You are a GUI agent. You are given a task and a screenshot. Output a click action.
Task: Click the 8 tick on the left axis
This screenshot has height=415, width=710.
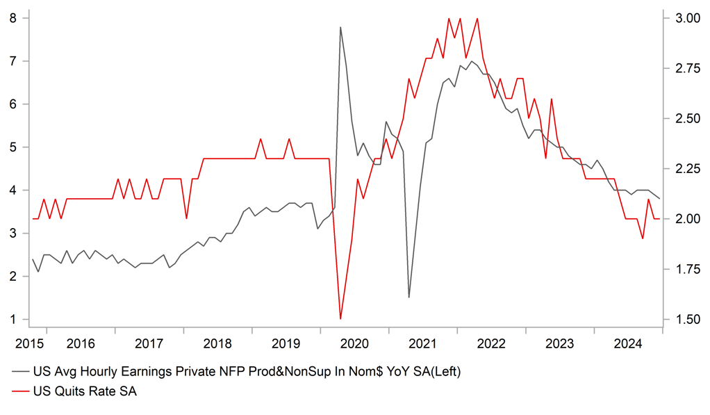pyautogui.click(x=13, y=18)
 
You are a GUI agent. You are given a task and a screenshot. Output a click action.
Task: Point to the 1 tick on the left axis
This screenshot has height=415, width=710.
pyautogui.click(x=13, y=320)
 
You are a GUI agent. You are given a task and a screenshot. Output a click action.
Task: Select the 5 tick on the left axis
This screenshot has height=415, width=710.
pyautogui.click(x=13, y=147)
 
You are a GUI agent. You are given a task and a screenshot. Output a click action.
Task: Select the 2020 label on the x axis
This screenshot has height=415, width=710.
pyautogui.click(x=354, y=343)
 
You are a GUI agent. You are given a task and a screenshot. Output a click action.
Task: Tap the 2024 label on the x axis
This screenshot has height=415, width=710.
pyautogui.click(x=628, y=343)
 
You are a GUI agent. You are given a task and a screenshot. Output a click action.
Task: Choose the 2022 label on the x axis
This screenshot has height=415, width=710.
pyautogui.click(x=491, y=343)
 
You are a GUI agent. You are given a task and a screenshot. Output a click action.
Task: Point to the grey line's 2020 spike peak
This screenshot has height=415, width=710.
pyautogui.click(x=340, y=27)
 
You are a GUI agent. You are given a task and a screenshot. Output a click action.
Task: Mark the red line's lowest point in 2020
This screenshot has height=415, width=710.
pyautogui.click(x=340, y=319)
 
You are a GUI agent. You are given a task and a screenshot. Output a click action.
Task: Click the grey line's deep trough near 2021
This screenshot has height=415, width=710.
pyautogui.click(x=409, y=298)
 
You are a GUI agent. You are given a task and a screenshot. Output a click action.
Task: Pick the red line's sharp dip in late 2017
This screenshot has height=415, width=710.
pyautogui.click(x=186, y=218)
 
